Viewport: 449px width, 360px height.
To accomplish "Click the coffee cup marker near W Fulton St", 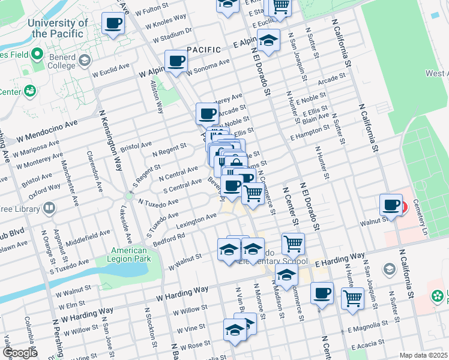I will (113, 24).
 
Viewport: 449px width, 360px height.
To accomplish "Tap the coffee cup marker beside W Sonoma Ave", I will (176, 61).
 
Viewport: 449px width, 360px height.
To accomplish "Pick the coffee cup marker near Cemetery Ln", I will (391, 206).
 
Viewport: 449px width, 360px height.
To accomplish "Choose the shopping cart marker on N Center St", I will (293, 244).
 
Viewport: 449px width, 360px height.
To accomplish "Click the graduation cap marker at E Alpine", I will (268, 41).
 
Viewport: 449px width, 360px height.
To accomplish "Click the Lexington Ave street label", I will (196, 220).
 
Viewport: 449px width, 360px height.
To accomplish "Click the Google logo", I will (20, 353).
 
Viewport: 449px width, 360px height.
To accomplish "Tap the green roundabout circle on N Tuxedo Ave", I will (128, 196).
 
